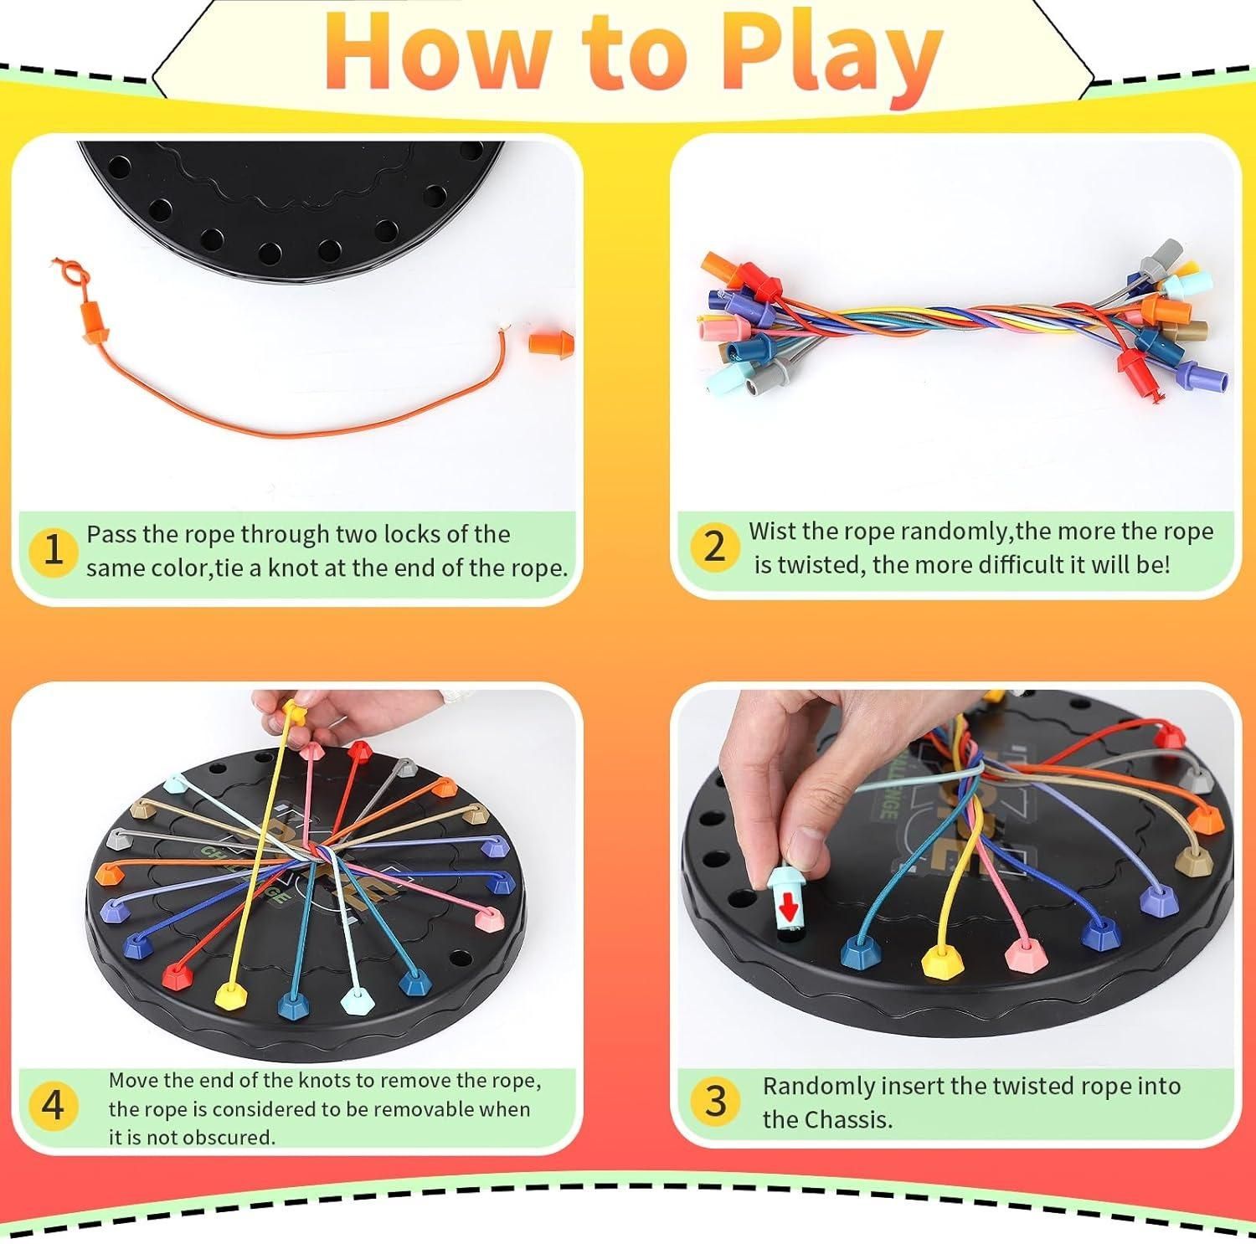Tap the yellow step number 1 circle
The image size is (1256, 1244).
[x=53, y=550]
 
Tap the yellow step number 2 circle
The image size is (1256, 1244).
[x=713, y=547]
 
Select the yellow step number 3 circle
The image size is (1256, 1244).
[x=716, y=1101]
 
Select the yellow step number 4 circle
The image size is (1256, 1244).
[x=53, y=1105]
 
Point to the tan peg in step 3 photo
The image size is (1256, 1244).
[x=1187, y=858]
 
